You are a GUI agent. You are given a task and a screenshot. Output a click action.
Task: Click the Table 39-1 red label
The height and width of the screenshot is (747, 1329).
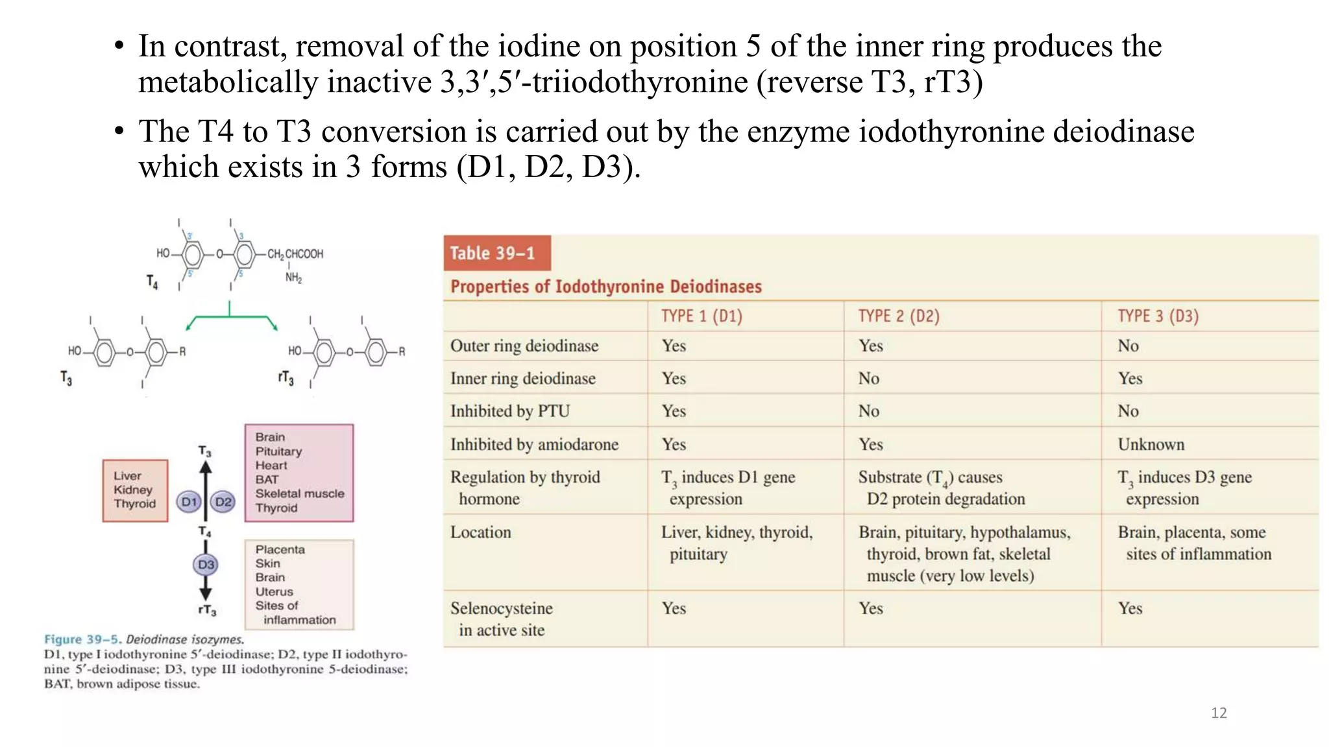point(496,253)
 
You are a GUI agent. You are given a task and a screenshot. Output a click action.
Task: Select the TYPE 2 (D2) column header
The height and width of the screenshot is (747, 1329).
point(899,316)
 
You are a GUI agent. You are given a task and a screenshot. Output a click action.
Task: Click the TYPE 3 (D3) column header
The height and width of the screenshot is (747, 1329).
point(1158,316)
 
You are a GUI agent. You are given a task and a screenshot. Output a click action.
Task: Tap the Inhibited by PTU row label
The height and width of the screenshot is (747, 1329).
point(510,411)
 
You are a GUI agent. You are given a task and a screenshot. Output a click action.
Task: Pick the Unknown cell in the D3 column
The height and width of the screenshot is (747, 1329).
point(1151,444)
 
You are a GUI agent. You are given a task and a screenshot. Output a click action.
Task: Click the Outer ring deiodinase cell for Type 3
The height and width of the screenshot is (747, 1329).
point(1128,346)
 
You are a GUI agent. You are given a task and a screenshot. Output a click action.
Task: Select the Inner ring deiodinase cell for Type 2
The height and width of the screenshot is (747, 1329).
point(869,378)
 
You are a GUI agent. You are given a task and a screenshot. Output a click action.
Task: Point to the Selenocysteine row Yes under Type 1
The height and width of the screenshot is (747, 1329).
point(674,608)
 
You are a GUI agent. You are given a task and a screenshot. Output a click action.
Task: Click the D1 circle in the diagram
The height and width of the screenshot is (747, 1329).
point(189,502)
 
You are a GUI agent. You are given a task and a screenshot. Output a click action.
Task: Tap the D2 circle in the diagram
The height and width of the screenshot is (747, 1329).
point(223,502)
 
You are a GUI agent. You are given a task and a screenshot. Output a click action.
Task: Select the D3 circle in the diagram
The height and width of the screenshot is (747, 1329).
point(206,565)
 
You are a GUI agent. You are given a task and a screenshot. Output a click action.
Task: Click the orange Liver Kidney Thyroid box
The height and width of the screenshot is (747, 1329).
point(135,490)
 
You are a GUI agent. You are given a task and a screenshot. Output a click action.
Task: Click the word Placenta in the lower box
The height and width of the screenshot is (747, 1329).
point(280,549)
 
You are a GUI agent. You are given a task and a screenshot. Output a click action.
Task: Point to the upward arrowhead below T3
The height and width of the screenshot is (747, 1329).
point(206,467)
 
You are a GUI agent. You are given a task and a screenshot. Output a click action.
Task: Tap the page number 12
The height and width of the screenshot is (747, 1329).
point(1219,713)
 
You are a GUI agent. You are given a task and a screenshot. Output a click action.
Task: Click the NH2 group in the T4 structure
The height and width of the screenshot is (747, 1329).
point(293,278)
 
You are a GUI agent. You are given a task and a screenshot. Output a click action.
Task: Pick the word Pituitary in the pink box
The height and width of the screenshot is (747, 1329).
point(278,451)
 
